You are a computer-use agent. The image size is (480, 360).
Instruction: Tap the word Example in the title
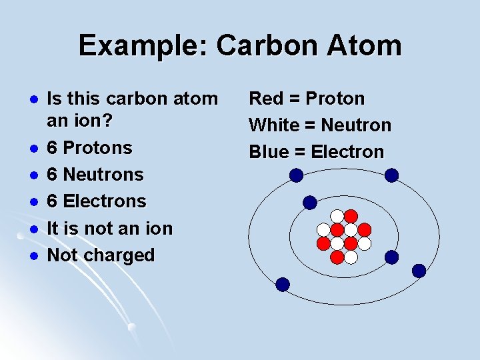[x=143, y=46]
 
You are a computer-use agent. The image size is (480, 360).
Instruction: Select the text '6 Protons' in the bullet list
[x=89, y=147]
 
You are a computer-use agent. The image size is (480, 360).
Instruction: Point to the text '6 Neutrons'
[x=95, y=174]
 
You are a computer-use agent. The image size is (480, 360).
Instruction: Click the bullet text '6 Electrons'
[x=96, y=201]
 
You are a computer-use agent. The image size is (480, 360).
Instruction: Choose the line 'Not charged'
[x=101, y=255]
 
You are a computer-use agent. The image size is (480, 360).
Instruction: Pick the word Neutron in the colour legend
[x=356, y=125]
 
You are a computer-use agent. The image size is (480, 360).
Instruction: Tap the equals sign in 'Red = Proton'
[x=294, y=99]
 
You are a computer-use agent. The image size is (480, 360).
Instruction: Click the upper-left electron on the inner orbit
[x=310, y=202]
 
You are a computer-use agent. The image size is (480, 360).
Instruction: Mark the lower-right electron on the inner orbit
[x=392, y=257]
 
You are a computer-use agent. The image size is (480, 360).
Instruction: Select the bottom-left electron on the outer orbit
[x=283, y=285]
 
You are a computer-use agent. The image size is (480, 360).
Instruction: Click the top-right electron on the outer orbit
[x=392, y=175]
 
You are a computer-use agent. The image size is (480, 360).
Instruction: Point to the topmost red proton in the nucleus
[x=351, y=216]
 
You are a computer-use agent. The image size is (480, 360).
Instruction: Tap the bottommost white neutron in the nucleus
[x=351, y=257]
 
